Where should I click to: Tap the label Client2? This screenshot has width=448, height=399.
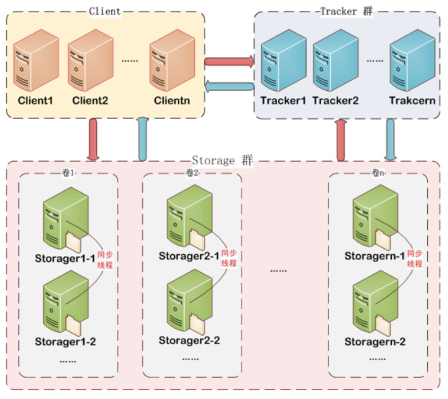(x=90, y=101)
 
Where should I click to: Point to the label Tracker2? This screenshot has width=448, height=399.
(x=335, y=101)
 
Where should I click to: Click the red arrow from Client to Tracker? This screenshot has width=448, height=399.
(x=229, y=61)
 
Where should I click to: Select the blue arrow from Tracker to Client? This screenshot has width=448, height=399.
(x=229, y=86)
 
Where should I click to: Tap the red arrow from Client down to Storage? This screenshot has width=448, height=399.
(x=92, y=139)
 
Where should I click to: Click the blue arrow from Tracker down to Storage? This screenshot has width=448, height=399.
(x=390, y=139)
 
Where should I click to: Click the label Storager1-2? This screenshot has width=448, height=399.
(x=65, y=341)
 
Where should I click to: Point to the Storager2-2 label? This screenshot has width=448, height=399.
(x=189, y=340)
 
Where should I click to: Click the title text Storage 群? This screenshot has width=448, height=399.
(x=222, y=161)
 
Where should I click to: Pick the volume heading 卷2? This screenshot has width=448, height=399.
(x=192, y=173)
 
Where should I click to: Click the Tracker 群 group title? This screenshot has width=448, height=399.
(x=347, y=11)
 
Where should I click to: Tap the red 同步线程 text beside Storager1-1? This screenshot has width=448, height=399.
(x=105, y=260)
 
